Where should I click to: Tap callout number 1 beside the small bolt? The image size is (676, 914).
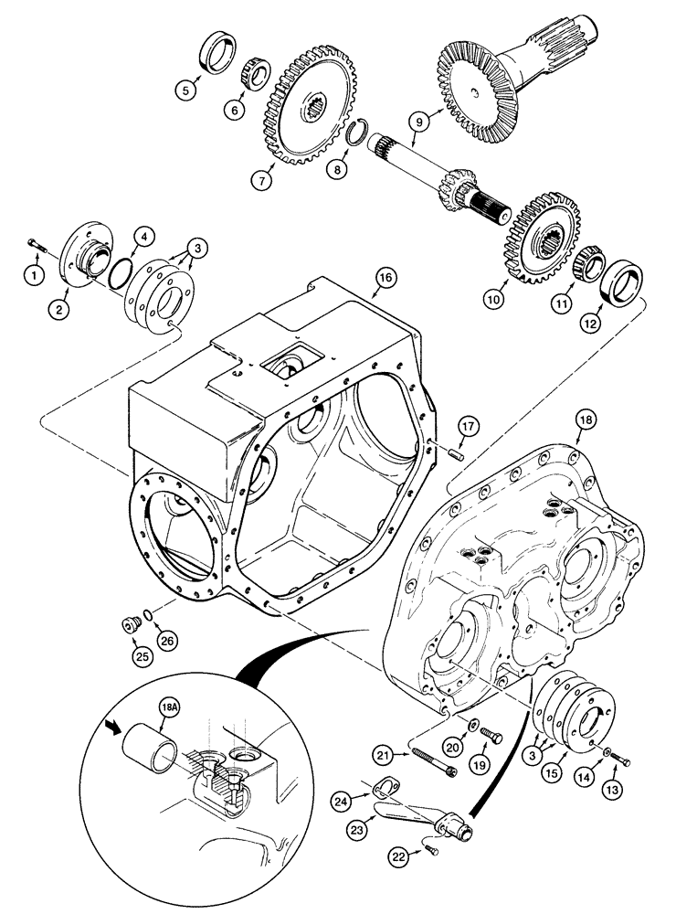[x=34, y=273]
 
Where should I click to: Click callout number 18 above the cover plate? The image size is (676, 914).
[x=584, y=420]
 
